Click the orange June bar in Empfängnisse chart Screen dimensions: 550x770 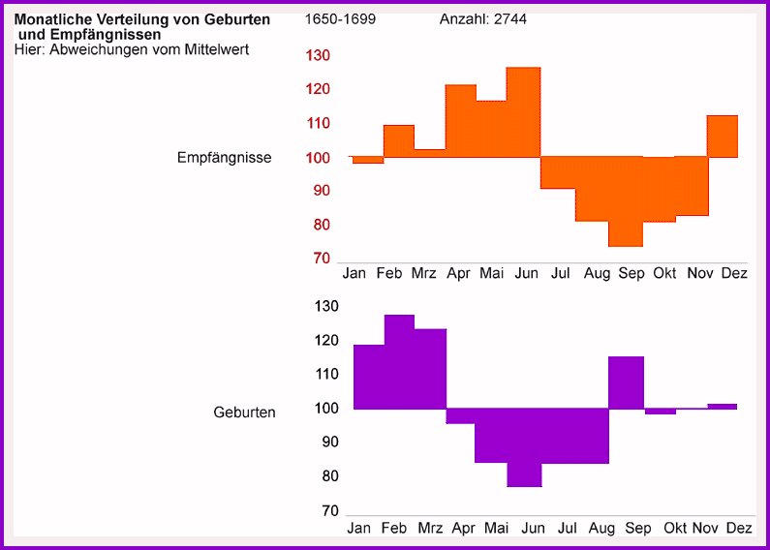point(523,112)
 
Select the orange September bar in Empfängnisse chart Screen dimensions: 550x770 point(626,201)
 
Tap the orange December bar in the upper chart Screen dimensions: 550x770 point(723,137)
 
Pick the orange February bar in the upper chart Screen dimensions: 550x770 point(399,141)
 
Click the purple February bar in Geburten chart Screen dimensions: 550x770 point(400,361)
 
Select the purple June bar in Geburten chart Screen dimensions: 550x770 point(524,447)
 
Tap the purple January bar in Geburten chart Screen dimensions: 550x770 point(369,377)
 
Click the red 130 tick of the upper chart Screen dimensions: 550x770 point(318,56)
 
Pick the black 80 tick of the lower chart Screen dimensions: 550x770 point(329,476)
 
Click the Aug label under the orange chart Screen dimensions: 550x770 point(598,274)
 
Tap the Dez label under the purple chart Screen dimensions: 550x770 point(738,529)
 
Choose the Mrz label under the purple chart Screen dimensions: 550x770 point(430,529)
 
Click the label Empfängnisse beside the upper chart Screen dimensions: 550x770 point(224,157)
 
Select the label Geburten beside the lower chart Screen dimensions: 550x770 point(244,412)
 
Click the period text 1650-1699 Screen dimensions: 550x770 point(340,19)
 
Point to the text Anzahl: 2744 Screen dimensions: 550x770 point(483,19)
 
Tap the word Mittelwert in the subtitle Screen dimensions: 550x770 point(215,49)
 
